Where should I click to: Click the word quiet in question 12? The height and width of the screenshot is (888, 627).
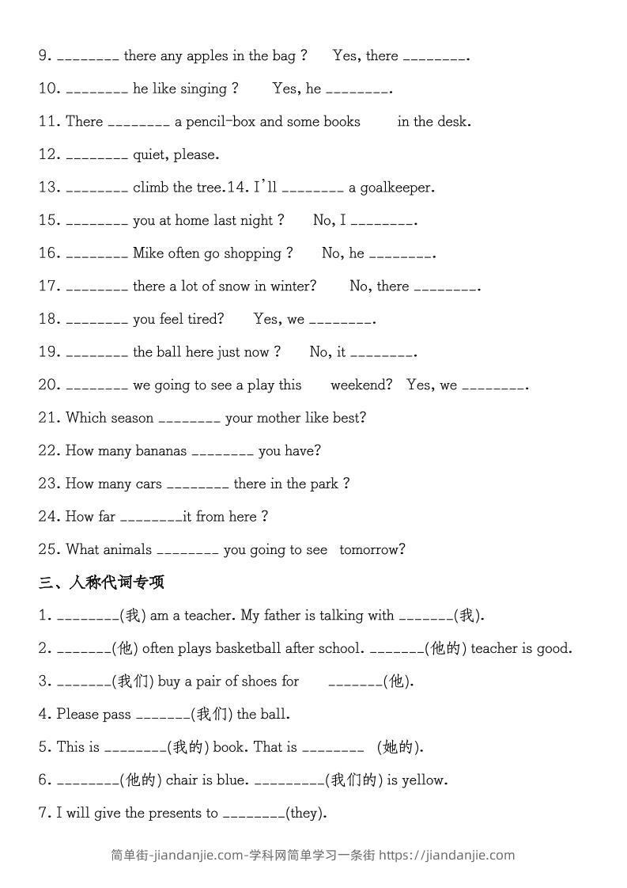click(x=149, y=155)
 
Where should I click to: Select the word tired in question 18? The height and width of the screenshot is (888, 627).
click(x=206, y=320)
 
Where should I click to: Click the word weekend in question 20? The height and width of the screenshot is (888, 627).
click(x=361, y=385)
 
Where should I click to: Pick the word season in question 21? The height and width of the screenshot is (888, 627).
click(x=132, y=419)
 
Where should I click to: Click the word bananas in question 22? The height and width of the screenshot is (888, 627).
click(x=161, y=451)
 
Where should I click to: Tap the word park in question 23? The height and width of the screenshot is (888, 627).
click(x=323, y=484)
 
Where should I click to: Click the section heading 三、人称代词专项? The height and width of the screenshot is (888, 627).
click(x=101, y=583)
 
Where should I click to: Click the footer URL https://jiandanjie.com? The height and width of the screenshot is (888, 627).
click(x=447, y=856)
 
